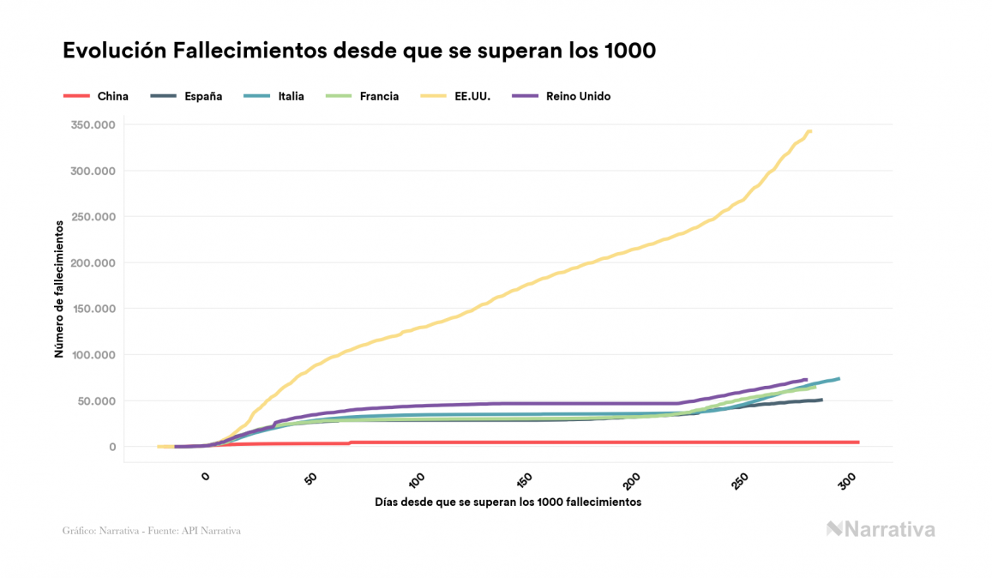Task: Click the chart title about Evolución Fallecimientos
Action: [359, 51]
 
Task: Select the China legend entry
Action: [112, 96]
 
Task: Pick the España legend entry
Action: [203, 96]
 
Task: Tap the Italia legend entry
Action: [291, 96]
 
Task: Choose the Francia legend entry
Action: [379, 96]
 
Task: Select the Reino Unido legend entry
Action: [578, 96]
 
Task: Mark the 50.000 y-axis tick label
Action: [96, 401]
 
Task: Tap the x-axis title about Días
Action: [508, 502]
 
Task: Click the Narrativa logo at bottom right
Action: [881, 529]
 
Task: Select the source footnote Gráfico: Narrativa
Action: [152, 531]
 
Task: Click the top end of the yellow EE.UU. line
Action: [809, 131]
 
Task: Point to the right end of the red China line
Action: [857, 443]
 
